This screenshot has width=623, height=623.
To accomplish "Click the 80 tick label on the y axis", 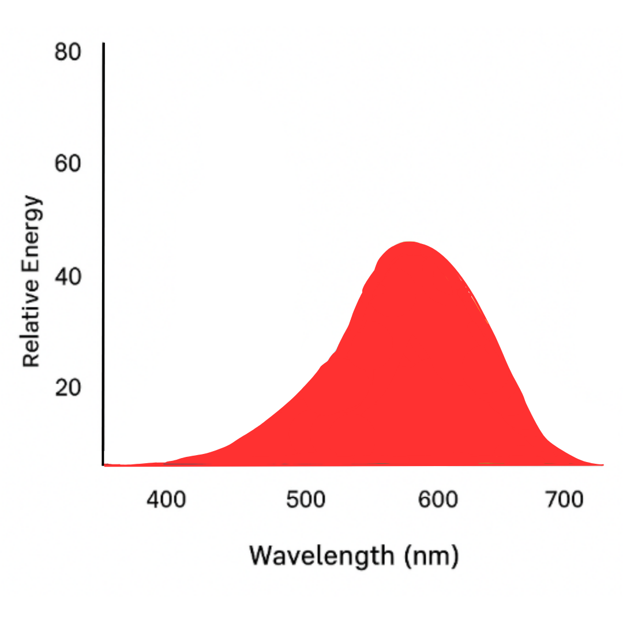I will (67, 52).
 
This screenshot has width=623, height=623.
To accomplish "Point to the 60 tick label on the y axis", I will (67, 164).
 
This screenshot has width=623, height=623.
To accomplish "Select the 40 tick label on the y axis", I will (67, 276).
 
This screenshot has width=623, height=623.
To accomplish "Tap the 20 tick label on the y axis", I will (67, 388).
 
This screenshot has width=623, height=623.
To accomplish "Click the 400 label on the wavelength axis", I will (166, 500).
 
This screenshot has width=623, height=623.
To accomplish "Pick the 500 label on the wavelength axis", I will (306, 500).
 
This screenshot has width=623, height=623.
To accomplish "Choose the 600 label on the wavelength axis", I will (438, 500).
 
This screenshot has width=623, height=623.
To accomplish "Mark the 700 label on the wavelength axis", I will (564, 500).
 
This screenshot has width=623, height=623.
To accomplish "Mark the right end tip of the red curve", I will (602, 464).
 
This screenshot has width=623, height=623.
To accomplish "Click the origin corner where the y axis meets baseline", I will (104, 464).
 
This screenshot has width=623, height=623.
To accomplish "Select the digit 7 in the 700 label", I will (551, 500).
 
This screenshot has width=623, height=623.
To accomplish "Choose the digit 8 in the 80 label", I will (61, 52).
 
